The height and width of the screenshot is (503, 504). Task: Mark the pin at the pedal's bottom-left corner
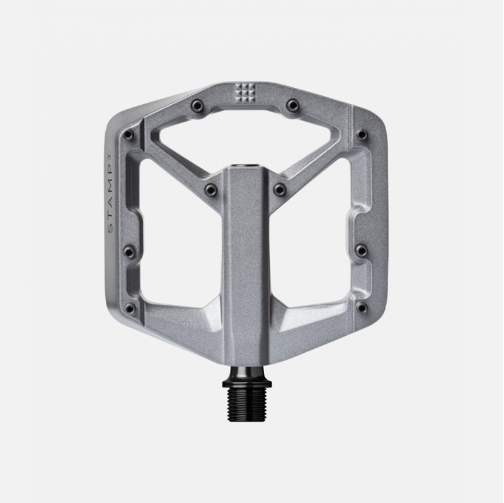click(130, 308)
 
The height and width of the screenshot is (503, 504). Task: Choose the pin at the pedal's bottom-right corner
click(362, 308)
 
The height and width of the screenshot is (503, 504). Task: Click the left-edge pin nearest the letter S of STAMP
click(130, 252)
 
